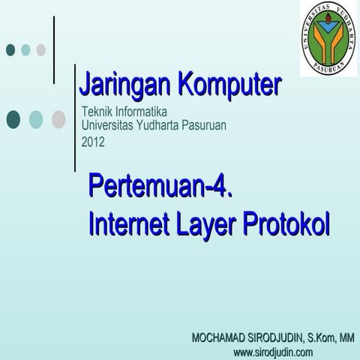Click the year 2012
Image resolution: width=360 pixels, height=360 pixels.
93,140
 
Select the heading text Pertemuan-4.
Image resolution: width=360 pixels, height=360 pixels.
160,184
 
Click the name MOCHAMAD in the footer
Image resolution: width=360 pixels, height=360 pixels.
220,338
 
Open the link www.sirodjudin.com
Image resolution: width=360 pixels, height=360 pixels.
273,352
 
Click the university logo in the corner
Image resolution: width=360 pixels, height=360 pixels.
329,37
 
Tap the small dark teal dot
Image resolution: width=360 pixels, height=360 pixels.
10,49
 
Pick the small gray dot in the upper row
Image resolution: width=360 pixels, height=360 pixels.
41,49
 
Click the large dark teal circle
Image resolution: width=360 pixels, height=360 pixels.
13,119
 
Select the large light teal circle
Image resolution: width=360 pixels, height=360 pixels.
36,119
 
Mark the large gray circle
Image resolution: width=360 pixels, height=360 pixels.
58,119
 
